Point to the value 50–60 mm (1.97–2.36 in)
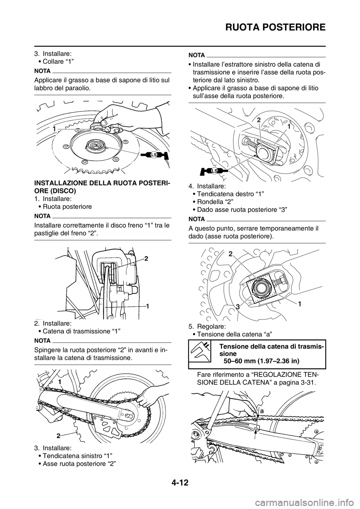(x=261, y=361)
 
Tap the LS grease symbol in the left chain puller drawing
(x=214, y=171)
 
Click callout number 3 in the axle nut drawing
(x=238, y=307)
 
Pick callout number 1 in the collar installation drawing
(x=54, y=129)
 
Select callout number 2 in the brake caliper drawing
(x=146, y=258)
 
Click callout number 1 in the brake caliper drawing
(x=147, y=306)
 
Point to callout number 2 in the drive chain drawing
(x=58, y=436)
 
